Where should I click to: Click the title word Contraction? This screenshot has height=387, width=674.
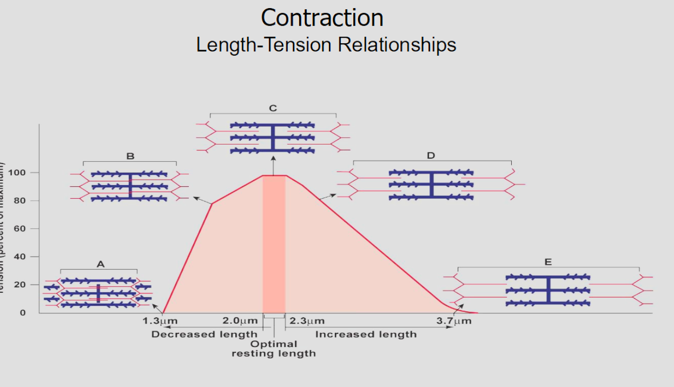pyautogui.click(x=322, y=18)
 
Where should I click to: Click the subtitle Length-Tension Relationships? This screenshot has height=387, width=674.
pyautogui.click(x=326, y=44)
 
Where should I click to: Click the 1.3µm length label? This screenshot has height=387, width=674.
pyautogui.click(x=160, y=321)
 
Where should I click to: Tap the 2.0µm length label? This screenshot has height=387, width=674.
pyautogui.click(x=240, y=321)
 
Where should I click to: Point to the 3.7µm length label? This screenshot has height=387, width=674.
pyautogui.click(x=454, y=321)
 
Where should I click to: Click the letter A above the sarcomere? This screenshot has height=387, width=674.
pyautogui.click(x=100, y=264)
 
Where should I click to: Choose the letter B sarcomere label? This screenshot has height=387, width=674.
pyautogui.click(x=130, y=156)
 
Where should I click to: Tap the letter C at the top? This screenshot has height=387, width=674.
pyautogui.click(x=273, y=108)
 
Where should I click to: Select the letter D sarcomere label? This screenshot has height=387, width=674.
pyautogui.click(x=431, y=156)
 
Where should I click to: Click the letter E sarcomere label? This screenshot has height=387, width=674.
pyautogui.click(x=548, y=262)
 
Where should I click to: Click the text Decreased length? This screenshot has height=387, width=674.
pyautogui.click(x=204, y=334)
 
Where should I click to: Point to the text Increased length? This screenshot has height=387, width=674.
pyautogui.click(x=366, y=334)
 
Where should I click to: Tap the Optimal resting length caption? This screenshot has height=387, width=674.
pyautogui.click(x=274, y=349)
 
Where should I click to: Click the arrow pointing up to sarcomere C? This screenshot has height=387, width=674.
pyautogui.click(x=273, y=165)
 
